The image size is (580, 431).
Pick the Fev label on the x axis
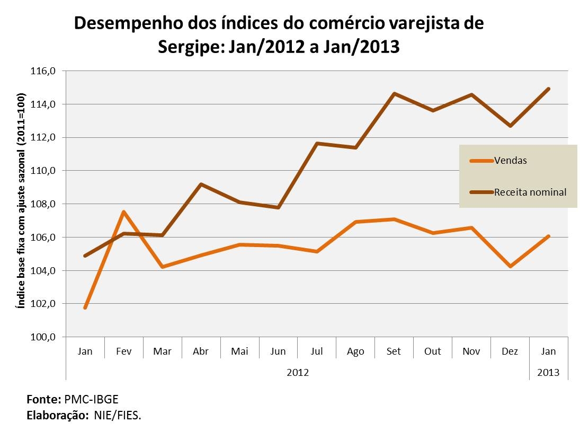[123, 351]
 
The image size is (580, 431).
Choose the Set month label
[394, 351]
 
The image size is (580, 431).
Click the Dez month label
[510, 351]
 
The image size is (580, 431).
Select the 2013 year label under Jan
[548, 373]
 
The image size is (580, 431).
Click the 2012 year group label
[297, 373]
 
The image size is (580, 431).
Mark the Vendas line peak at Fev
[123, 212]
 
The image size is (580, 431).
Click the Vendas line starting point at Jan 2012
[85, 307]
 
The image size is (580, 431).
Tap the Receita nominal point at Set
[394, 94]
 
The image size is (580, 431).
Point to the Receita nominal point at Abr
[201, 184]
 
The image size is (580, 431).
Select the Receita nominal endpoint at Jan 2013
[548, 89]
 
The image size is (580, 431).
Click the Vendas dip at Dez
[510, 266]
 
